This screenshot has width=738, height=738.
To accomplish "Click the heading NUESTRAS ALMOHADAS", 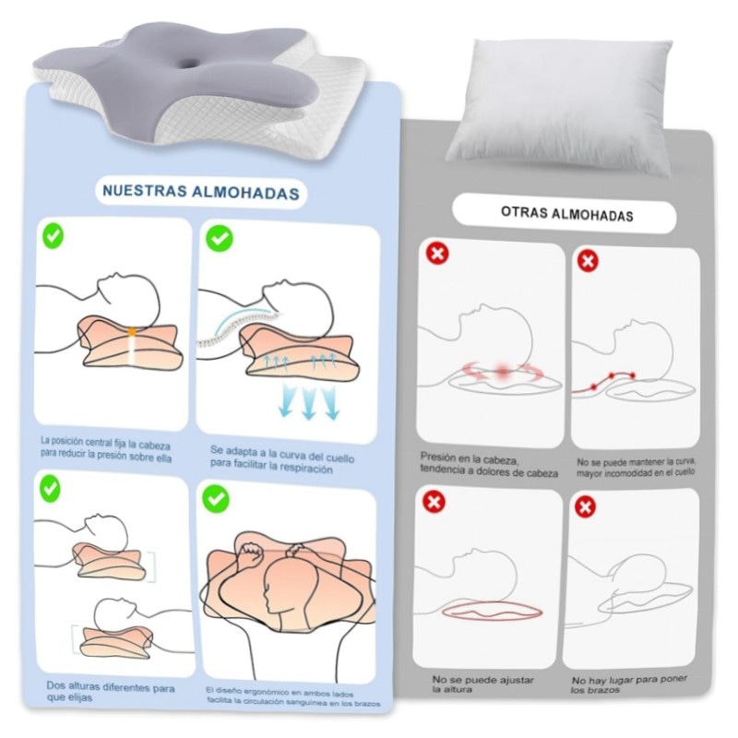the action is [201, 192].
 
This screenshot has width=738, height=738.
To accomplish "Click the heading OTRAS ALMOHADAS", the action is [566, 214].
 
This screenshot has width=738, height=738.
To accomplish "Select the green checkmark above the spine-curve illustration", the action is [220, 238].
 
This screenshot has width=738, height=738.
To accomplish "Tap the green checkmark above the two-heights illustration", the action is [51, 489].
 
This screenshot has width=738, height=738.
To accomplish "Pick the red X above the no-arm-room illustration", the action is [585, 506].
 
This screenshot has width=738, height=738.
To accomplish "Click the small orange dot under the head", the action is [132, 332].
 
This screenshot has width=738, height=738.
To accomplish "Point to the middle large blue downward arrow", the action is [308, 401].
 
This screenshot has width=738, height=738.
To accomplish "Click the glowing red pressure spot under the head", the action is [503, 371].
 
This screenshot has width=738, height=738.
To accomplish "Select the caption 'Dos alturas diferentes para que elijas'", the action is [110, 692].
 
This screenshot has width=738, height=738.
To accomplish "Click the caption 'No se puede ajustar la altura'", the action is [482, 684].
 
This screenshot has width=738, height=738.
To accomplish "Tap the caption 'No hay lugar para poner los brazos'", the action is [629, 684].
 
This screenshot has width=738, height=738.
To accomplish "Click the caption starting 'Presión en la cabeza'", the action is [489, 465].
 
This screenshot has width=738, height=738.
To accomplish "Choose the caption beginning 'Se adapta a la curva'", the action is [282, 459].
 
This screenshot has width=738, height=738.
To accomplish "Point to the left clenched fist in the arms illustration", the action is [250, 551].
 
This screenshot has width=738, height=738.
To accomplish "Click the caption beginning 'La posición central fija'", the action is [106, 449].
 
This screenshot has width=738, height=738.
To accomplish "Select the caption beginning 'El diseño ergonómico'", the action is [292, 697].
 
